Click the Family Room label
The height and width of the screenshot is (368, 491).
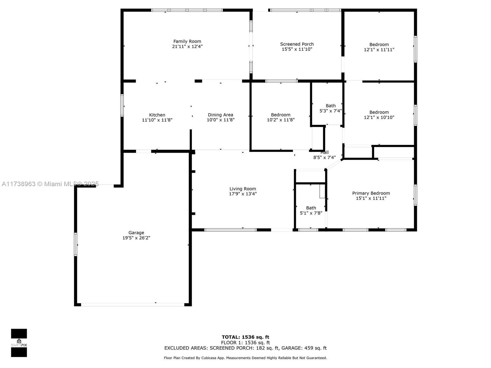[x=187, y=41]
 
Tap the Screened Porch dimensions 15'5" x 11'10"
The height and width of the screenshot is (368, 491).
[x=297, y=49]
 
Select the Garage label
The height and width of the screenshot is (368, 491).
[x=136, y=232]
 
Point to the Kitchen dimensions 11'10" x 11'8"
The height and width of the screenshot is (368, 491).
[x=157, y=120]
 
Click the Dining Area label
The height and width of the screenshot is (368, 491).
[x=220, y=115]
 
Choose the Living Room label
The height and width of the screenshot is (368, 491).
[x=242, y=189]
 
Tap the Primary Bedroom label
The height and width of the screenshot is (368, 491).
[x=371, y=193]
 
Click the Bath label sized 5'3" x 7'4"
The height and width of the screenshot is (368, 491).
[x=331, y=106]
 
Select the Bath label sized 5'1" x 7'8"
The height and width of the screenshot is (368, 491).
[x=311, y=208]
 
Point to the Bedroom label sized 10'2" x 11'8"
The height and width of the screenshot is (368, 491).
[x=280, y=115]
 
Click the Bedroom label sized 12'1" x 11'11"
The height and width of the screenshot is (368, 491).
[x=379, y=44]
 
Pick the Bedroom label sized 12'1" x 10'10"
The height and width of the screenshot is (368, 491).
[x=379, y=112]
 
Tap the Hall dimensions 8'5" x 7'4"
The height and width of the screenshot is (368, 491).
[x=324, y=158]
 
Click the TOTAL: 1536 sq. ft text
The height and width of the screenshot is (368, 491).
[x=245, y=337]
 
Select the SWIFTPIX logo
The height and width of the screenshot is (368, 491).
[x=19, y=343]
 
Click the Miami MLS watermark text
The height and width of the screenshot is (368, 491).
[x=50, y=184]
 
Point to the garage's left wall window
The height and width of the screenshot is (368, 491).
[x=75, y=244]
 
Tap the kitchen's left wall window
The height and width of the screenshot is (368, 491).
[x=122, y=105]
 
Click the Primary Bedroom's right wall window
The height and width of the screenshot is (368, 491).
[x=416, y=195]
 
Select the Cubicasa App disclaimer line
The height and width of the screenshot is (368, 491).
[x=245, y=358]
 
